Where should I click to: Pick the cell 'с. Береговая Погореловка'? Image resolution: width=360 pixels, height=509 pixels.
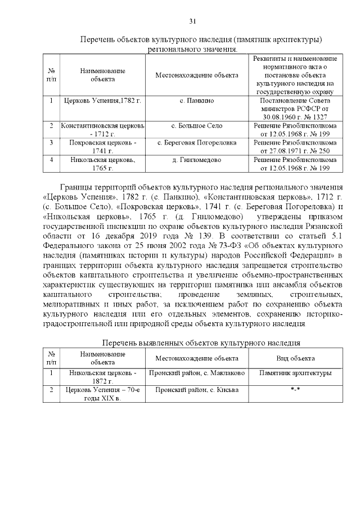(x=196, y=142)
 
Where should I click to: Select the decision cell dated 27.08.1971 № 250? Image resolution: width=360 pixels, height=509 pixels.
(x=295, y=147)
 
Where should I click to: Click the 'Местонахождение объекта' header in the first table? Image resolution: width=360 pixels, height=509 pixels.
(x=196, y=75)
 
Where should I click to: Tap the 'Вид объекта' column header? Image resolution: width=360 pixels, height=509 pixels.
(x=295, y=358)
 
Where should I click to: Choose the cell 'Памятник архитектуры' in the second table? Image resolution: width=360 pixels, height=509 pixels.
(x=295, y=373)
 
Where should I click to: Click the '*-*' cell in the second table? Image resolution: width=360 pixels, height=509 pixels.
(x=295, y=389)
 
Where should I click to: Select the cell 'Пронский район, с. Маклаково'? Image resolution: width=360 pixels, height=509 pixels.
(x=196, y=373)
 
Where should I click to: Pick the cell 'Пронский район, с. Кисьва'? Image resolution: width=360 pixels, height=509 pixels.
(x=196, y=389)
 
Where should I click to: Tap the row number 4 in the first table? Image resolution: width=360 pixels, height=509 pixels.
(x=51, y=160)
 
